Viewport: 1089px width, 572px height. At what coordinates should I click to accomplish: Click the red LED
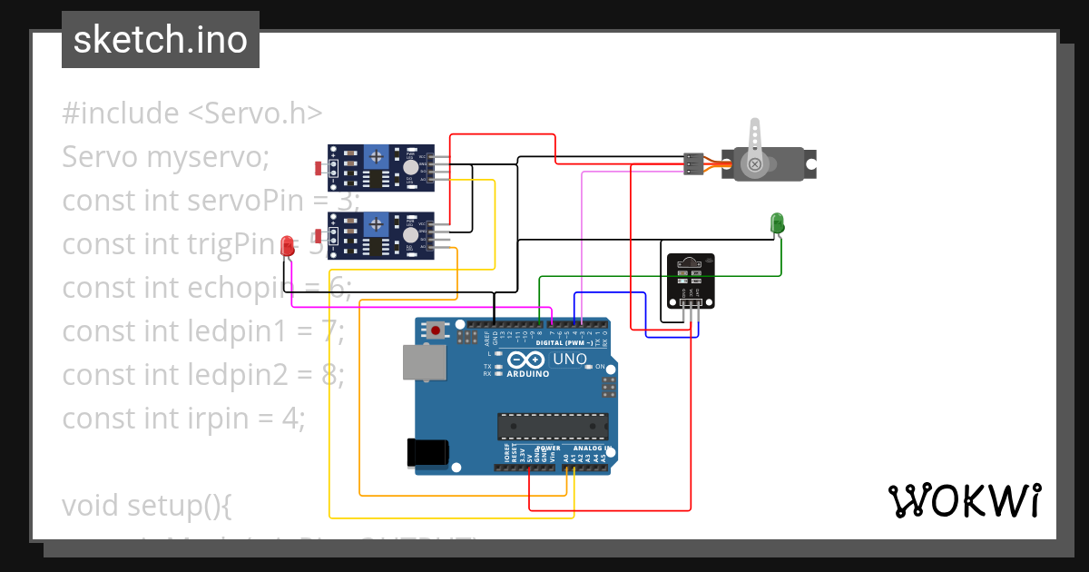288,246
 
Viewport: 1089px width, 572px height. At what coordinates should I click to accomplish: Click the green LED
777,222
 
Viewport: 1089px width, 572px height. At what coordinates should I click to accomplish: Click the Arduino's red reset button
437,330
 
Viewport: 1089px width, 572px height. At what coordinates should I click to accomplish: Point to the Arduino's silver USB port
424,362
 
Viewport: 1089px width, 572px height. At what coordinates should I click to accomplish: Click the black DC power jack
428,451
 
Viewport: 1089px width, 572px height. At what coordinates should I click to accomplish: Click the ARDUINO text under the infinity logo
527,373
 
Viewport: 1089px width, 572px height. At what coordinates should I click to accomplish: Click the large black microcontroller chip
552,425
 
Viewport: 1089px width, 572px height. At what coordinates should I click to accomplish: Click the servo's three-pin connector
692,163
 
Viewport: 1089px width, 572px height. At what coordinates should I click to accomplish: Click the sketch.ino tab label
161,40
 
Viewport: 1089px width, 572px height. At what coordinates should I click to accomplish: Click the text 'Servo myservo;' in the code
166,157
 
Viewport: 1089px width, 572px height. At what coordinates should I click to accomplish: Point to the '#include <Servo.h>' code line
192,113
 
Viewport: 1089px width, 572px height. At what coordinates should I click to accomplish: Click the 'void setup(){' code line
147,505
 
